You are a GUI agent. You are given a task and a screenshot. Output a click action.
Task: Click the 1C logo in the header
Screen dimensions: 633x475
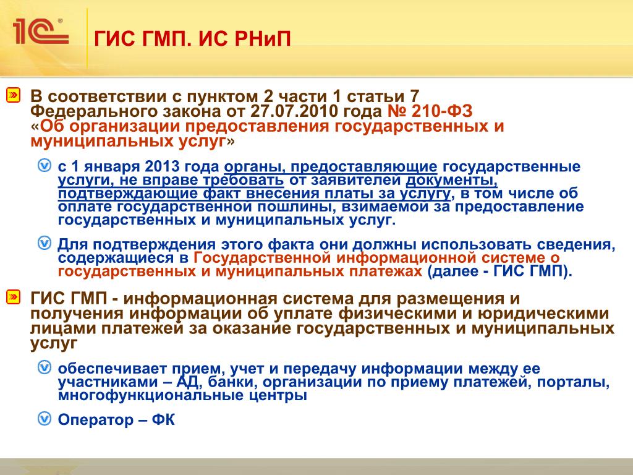[41, 31]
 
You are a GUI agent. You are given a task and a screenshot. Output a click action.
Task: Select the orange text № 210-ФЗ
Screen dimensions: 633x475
[430, 111]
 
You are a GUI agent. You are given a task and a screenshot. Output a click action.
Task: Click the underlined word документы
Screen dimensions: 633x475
[451, 180]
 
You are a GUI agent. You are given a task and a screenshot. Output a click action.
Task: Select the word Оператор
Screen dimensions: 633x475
[96, 420]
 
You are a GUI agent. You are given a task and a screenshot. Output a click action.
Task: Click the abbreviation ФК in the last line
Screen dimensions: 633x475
[163, 420]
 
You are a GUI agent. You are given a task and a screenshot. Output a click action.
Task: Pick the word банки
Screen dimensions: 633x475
[233, 382]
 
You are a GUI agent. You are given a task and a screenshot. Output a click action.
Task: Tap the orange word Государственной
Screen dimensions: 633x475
[262, 258]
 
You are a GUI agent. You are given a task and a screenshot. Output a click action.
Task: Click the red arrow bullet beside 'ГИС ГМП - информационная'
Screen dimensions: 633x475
[13, 297]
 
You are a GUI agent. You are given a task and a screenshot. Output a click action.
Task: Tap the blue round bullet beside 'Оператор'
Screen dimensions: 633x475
[45, 419]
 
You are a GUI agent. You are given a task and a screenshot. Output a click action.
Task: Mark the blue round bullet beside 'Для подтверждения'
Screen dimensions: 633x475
[45, 243]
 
